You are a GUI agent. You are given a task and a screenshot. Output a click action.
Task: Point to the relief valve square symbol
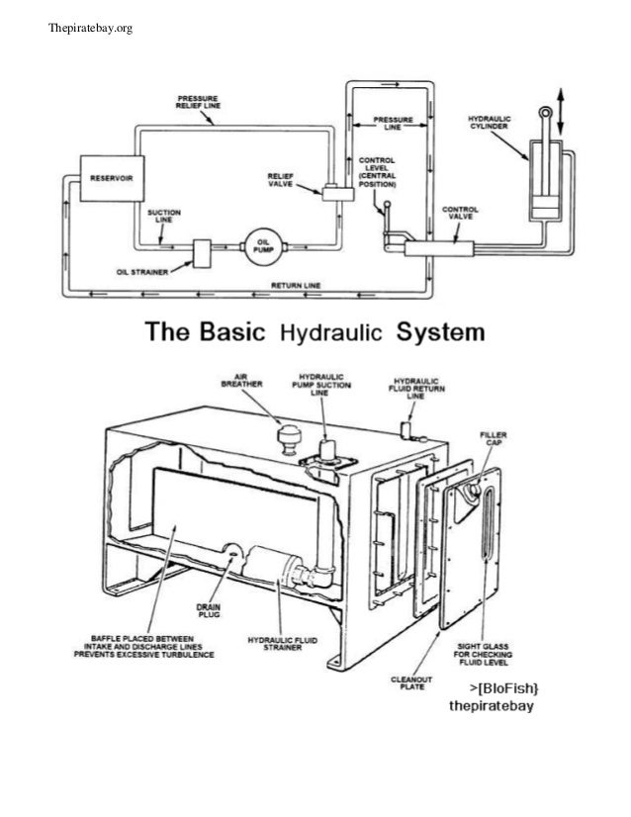(331, 190)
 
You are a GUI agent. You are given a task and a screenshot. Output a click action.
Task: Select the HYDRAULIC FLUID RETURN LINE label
(416, 388)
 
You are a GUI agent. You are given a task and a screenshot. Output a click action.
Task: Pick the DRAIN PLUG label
(208, 611)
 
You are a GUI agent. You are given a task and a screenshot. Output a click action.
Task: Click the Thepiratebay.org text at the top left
(90, 27)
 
